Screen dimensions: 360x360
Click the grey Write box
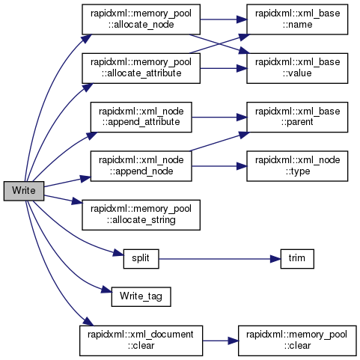[24, 191]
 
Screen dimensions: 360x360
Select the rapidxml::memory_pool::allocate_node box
[141, 19]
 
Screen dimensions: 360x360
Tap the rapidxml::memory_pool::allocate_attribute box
[141, 68]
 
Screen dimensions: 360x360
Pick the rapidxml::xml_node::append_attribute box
[141, 117]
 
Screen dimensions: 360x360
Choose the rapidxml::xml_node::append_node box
[141, 166]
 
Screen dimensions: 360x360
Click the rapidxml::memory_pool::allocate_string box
[141, 215]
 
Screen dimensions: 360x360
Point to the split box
[141, 259]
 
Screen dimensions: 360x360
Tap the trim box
[297, 259]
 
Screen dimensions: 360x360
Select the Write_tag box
[141, 296]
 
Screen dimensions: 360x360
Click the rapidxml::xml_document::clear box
[141, 341]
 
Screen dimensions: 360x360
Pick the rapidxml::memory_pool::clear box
[297, 341]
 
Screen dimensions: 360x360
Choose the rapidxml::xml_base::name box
[297, 19]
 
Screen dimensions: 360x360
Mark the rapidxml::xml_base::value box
[297, 68]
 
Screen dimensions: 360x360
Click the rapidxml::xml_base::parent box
[297, 117]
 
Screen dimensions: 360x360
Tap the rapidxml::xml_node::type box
[297, 166]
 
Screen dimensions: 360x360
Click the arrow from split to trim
[219, 259]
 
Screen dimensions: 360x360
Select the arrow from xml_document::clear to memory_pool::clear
[221, 341]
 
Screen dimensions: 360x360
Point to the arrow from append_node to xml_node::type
[219, 166]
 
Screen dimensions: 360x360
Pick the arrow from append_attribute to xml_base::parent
[219, 118]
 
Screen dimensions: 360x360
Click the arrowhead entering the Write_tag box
[106, 290]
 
